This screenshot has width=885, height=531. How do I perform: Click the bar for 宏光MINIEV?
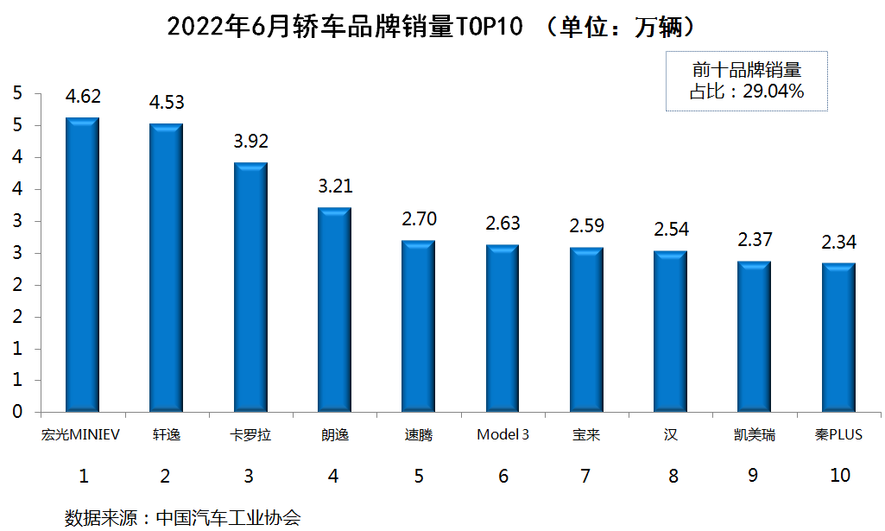tap(82, 264)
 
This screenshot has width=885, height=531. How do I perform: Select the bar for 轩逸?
tap(166, 268)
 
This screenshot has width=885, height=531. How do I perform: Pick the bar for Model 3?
tap(503, 328)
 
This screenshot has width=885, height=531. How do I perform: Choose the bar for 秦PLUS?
tap(838, 337)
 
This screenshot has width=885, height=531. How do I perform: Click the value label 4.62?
tap(83, 98)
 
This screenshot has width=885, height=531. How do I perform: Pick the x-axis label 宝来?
tap(586, 434)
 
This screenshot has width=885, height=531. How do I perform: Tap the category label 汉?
tap(671, 434)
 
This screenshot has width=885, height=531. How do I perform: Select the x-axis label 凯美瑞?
tap(755, 434)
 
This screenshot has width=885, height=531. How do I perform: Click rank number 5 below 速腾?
tap(419, 475)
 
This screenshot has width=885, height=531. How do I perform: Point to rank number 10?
tap(838, 475)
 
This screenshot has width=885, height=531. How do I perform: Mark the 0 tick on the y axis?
tap(16, 412)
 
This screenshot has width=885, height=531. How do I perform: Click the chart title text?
tap(431, 27)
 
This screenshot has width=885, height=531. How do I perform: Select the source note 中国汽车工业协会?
tap(228, 517)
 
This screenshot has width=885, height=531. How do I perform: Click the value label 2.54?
tap(671, 230)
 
